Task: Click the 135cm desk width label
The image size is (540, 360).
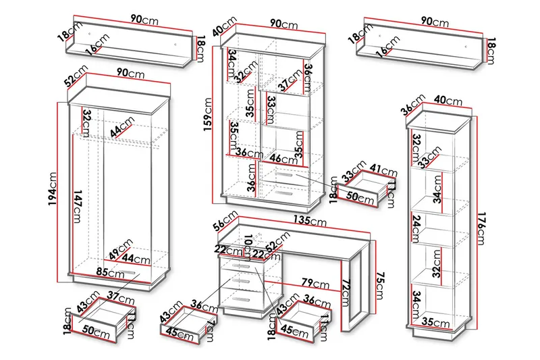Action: tap(310, 221)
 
